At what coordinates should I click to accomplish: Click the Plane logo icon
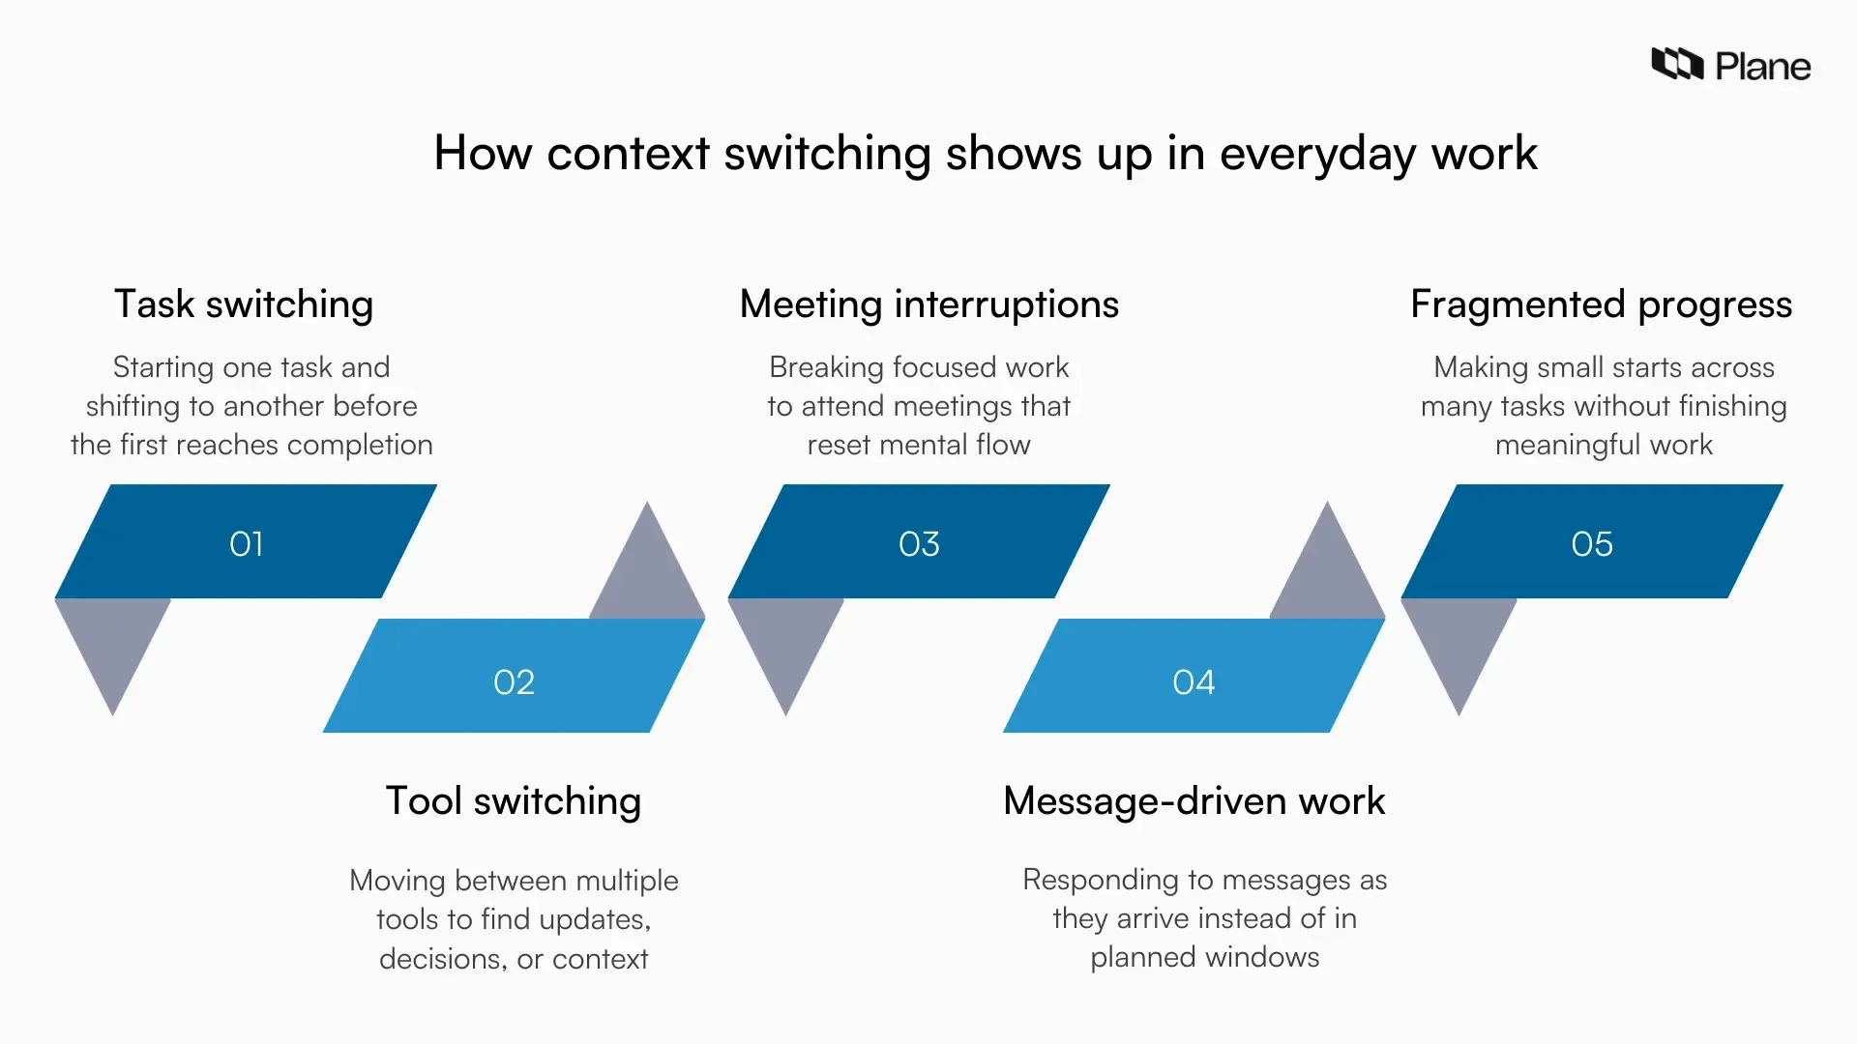pos(1676,64)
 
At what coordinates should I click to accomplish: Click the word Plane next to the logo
pos(1762,67)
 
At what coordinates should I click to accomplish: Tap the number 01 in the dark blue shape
pos(246,544)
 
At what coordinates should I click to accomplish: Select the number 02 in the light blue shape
pos(514,682)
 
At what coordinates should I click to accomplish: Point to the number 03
pos(919,544)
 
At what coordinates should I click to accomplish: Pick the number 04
pos(1194,682)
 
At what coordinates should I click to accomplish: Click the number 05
pos(1591,544)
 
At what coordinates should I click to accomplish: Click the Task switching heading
pos(244,304)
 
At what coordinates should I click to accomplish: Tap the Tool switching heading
pos(514,801)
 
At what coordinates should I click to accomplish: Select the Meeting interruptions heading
pos(928,304)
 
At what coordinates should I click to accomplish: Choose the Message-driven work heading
pos(1194,801)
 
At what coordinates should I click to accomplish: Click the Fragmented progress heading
pos(1601,304)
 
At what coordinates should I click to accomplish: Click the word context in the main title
pos(628,154)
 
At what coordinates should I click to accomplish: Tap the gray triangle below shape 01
pos(113,643)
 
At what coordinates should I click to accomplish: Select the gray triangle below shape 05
pos(1459,643)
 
